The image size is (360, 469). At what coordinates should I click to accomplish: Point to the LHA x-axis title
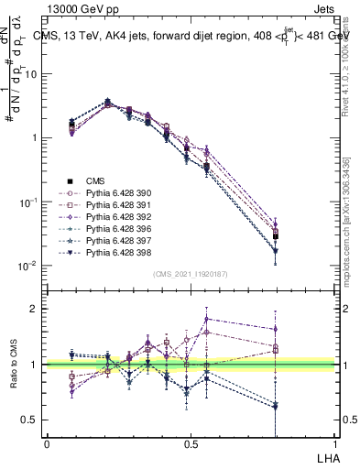[x=326, y=455]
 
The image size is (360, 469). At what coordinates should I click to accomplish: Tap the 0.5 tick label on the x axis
[x=191, y=443]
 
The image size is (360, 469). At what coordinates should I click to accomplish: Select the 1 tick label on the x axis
[x=336, y=443]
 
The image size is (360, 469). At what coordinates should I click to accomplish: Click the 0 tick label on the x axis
[x=47, y=443]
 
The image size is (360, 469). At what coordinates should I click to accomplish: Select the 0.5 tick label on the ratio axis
[x=31, y=420]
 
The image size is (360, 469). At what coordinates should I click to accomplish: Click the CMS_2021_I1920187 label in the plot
[x=190, y=274]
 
